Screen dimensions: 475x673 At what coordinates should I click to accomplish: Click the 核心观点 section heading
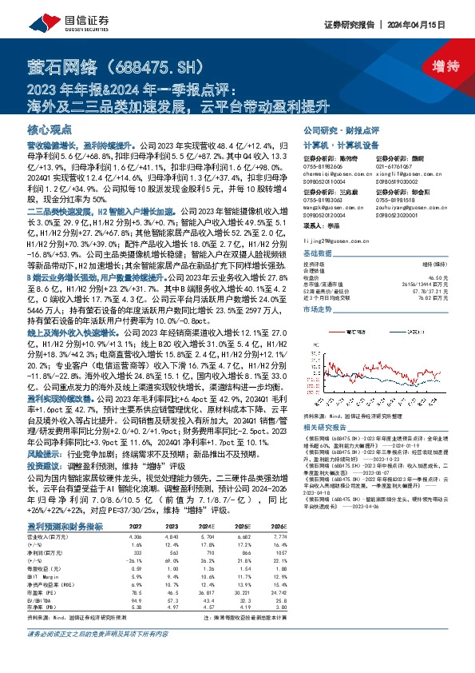click(49, 129)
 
